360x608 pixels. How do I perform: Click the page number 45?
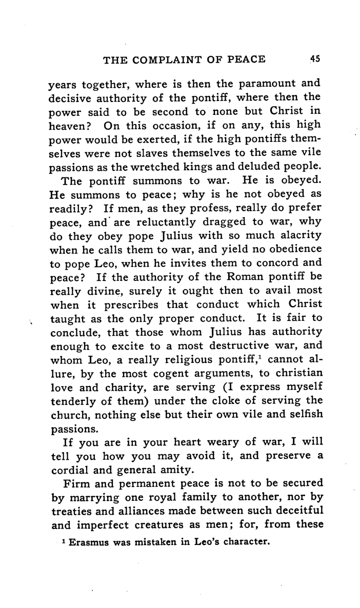(x=315, y=59)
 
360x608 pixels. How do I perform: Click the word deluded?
(x=270, y=167)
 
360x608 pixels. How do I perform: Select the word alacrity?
(x=299, y=237)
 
